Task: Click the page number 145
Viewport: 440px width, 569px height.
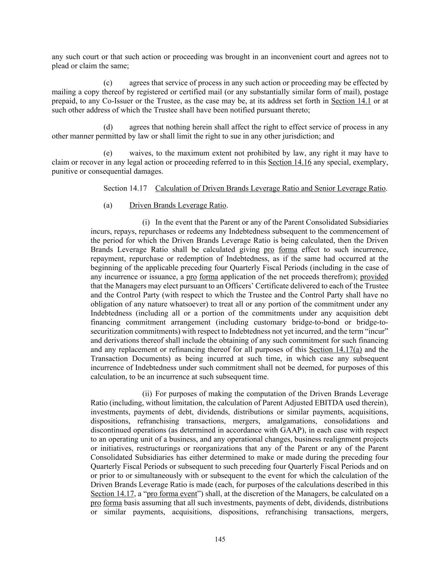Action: click(x=220, y=539)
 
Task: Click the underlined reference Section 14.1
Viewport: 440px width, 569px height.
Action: click(x=351, y=101)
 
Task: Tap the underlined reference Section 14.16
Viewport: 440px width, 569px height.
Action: click(x=289, y=162)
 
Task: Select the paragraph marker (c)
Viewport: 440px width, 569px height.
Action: click(x=108, y=83)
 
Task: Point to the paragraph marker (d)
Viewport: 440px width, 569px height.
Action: click(x=108, y=127)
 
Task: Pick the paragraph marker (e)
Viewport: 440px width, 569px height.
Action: click(x=108, y=153)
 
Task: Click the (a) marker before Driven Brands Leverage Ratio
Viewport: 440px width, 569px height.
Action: click(x=108, y=205)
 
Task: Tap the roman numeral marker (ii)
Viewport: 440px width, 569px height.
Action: click(x=147, y=394)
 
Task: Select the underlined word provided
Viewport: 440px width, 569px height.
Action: click(x=374, y=277)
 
